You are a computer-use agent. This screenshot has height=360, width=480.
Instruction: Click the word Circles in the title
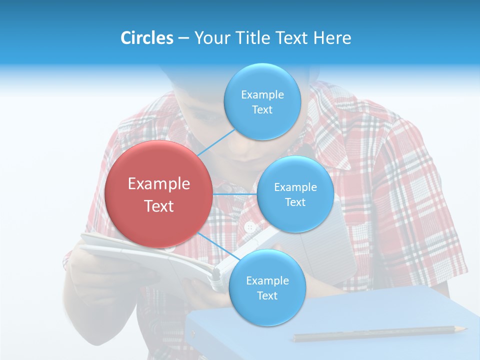click(x=147, y=38)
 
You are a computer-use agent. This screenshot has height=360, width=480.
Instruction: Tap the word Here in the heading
click(x=332, y=38)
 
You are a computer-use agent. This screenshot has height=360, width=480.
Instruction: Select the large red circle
click(x=158, y=194)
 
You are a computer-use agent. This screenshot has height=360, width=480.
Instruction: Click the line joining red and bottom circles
click(x=218, y=247)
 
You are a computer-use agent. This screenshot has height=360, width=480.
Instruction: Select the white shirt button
click(x=250, y=227)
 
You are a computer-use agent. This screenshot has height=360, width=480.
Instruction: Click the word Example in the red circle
click(x=158, y=184)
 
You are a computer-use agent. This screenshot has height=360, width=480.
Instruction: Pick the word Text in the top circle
click(x=262, y=110)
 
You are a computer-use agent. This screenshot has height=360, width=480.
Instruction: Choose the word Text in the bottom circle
click(x=267, y=296)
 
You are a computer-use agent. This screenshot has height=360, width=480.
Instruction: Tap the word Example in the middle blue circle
click(x=295, y=187)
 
